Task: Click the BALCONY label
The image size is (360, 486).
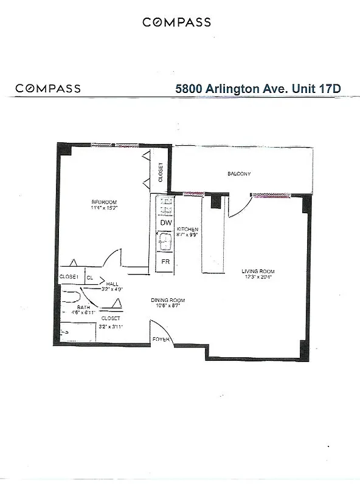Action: tap(239, 174)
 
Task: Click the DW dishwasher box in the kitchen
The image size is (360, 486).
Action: tap(165, 223)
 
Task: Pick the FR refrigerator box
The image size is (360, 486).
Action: tap(165, 262)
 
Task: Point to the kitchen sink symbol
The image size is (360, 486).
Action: tap(165, 243)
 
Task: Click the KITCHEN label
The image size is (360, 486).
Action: tap(187, 229)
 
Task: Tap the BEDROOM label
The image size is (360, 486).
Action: tap(105, 202)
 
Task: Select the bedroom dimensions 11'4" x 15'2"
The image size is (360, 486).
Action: tap(105, 208)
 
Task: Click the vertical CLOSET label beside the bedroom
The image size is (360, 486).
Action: tap(161, 173)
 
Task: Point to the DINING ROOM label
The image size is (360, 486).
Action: tap(168, 300)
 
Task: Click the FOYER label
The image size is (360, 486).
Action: tap(161, 340)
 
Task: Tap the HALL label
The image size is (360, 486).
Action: tap(112, 284)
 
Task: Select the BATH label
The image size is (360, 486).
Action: tap(83, 308)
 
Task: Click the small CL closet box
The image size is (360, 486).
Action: tap(90, 277)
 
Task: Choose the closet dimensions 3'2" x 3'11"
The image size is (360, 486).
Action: tap(111, 326)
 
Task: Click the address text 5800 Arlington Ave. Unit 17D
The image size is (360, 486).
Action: tap(258, 87)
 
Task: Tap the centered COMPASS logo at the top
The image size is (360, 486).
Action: tap(177, 22)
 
